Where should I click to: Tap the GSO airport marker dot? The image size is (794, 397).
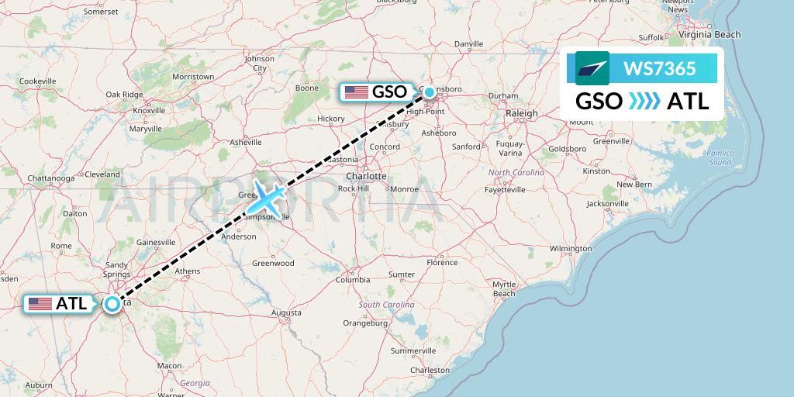pos(430,92)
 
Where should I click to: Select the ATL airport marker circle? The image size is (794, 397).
pos(113,304)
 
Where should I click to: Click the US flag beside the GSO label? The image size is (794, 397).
pos(357,92)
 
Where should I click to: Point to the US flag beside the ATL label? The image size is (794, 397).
pos(40,304)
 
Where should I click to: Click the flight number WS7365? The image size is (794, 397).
pos(659,69)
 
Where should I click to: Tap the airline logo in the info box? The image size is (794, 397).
pos(592,68)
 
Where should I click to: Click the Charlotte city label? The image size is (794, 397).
pos(367,176)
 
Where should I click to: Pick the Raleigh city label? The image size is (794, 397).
pos(521,113)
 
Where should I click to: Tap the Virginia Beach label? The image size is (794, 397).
pos(709,35)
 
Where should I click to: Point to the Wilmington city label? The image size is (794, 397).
pos(570,249)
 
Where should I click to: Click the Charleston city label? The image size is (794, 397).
pos(430,371)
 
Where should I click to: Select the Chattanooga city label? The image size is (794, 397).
pos(50,178)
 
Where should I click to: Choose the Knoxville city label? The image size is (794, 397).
pos(149,111)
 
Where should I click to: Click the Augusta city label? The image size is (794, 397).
pos(286,312)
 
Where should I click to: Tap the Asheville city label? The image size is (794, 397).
pos(247,142)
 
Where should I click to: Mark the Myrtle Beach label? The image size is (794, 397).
pos(504,289)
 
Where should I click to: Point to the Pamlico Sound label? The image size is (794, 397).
pos(720,157)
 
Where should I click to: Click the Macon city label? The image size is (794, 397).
pos(169,365)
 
